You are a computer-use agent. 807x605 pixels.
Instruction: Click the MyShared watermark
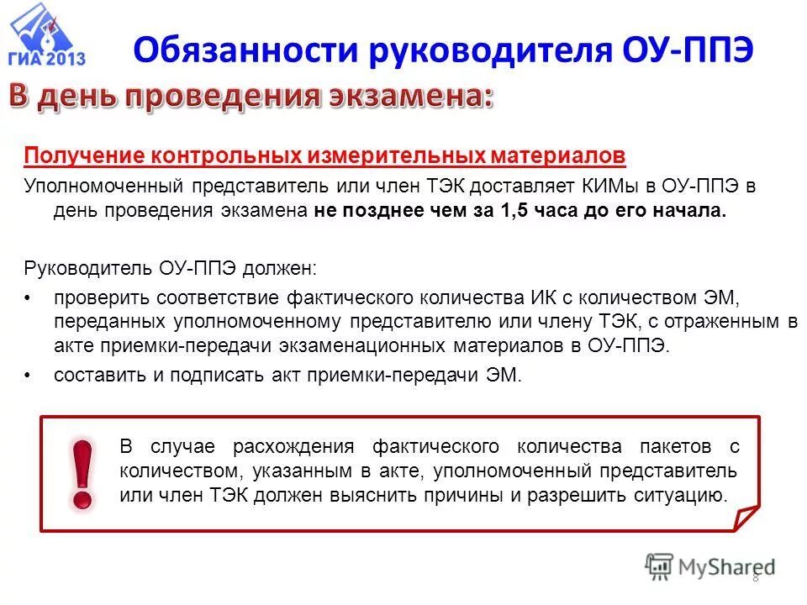tap(710, 566)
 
